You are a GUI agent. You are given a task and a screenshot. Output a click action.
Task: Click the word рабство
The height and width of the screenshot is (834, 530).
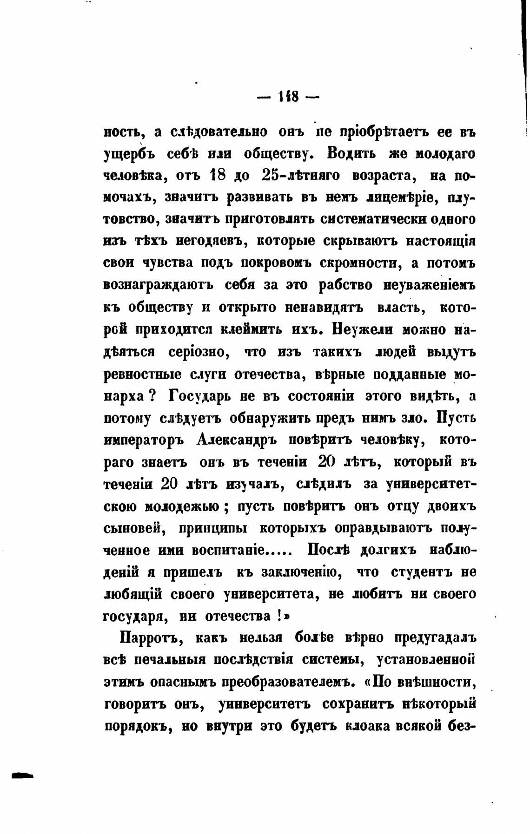[345, 285]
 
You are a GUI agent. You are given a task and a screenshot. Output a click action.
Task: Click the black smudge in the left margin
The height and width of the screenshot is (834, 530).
[22, 775]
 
